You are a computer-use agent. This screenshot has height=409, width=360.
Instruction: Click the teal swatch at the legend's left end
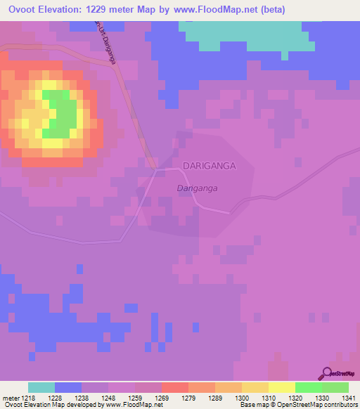[41, 387]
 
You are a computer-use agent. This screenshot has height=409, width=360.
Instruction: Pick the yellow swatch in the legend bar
[281, 387]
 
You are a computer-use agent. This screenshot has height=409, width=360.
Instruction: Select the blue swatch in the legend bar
[68, 387]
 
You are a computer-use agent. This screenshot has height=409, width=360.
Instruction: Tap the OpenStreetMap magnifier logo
[327, 373]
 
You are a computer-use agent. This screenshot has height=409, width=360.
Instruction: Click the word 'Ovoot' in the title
[22, 9]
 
